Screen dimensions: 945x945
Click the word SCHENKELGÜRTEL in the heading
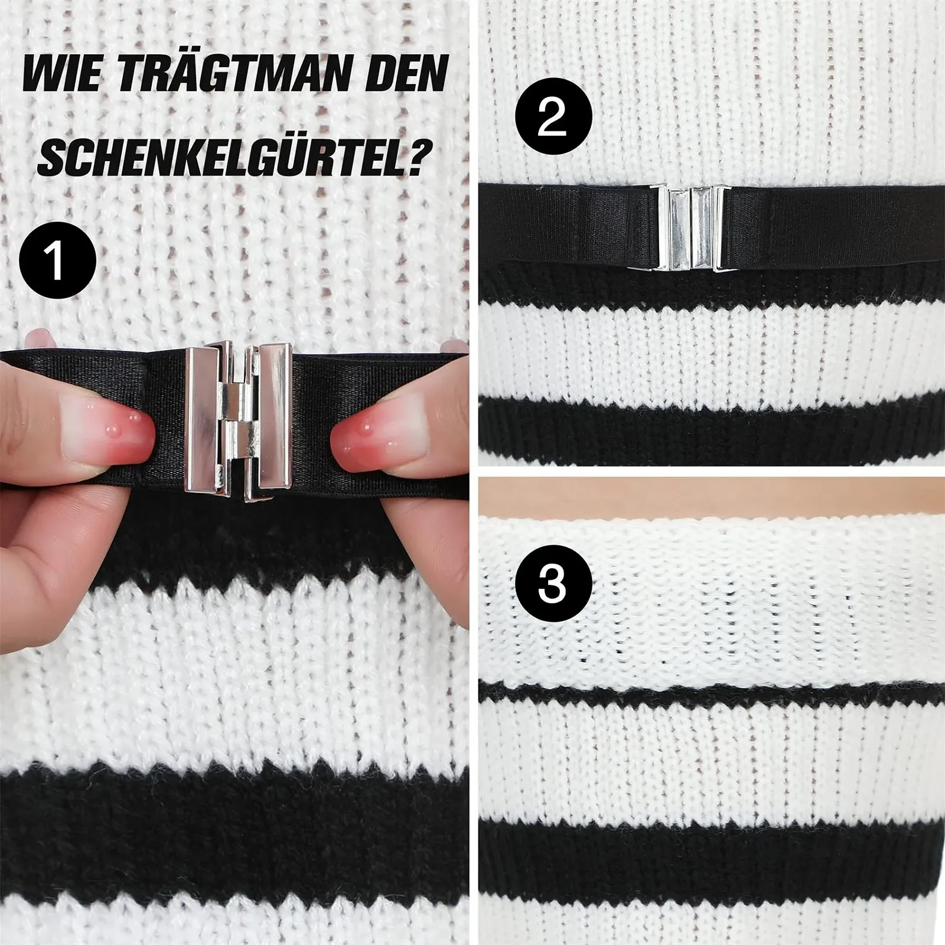221,156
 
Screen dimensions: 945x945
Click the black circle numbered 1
57,260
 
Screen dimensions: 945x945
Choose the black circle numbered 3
553,582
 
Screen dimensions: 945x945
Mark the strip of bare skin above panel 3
712,494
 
